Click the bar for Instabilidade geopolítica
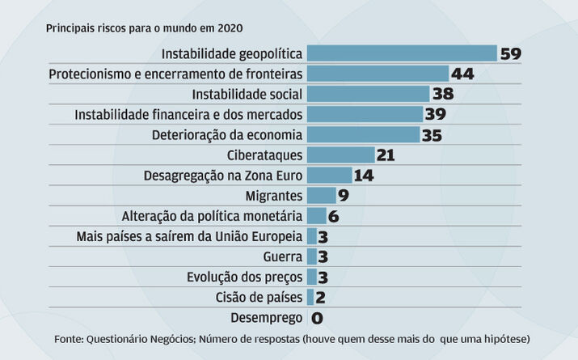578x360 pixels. [402, 53]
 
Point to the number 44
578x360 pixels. [462, 74]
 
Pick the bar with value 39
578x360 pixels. [365, 114]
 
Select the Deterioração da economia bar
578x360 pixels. [363, 134]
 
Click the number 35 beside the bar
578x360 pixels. [432, 135]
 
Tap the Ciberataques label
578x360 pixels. [265, 155]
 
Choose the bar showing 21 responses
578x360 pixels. [340, 155]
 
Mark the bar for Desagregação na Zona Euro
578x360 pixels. [329, 175]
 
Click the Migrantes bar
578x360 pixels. [321, 195]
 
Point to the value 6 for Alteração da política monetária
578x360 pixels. [334, 216]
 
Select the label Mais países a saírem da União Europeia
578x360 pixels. [190, 236]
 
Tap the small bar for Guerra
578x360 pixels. [311, 256]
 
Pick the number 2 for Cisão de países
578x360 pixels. [320, 298]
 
